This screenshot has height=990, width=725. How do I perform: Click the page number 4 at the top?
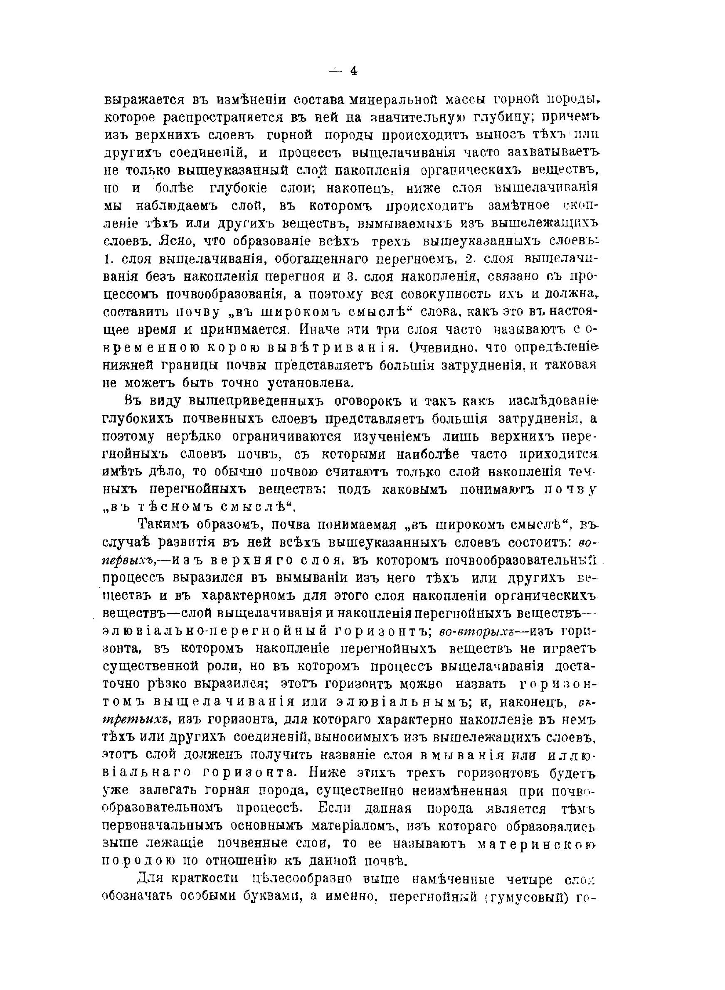pyautogui.click(x=354, y=71)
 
